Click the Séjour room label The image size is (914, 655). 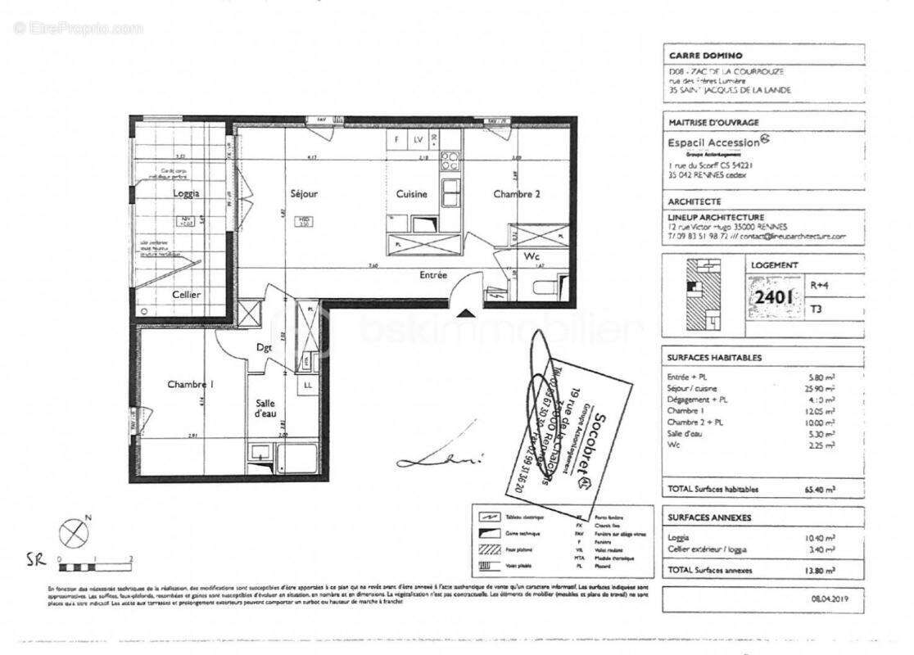(304, 194)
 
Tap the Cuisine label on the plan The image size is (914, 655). (411, 194)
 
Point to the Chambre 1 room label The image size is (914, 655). (190, 384)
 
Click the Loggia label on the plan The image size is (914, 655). (186, 193)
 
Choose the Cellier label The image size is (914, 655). (186, 295)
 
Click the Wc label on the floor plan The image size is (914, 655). (532, 256)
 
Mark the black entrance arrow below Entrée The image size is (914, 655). (464, 313)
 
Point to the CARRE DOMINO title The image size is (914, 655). (705, 56)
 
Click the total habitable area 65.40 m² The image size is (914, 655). (819, 489)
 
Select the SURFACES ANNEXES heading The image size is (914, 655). (709, 517)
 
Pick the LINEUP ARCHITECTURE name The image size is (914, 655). (717, 217)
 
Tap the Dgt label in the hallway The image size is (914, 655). (264, 347)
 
